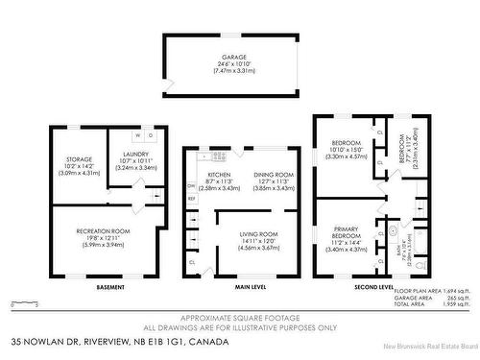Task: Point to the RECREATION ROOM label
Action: [x=100, y=230]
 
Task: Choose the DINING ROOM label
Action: [x=273, y=174]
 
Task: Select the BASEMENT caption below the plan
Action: [x=99, y=286]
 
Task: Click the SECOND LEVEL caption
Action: [x=373, y=286]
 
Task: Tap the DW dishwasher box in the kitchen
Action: [x=191, y=185]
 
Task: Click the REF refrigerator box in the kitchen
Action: [x=191, y=199]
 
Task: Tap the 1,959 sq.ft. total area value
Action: [x=451, y=303]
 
